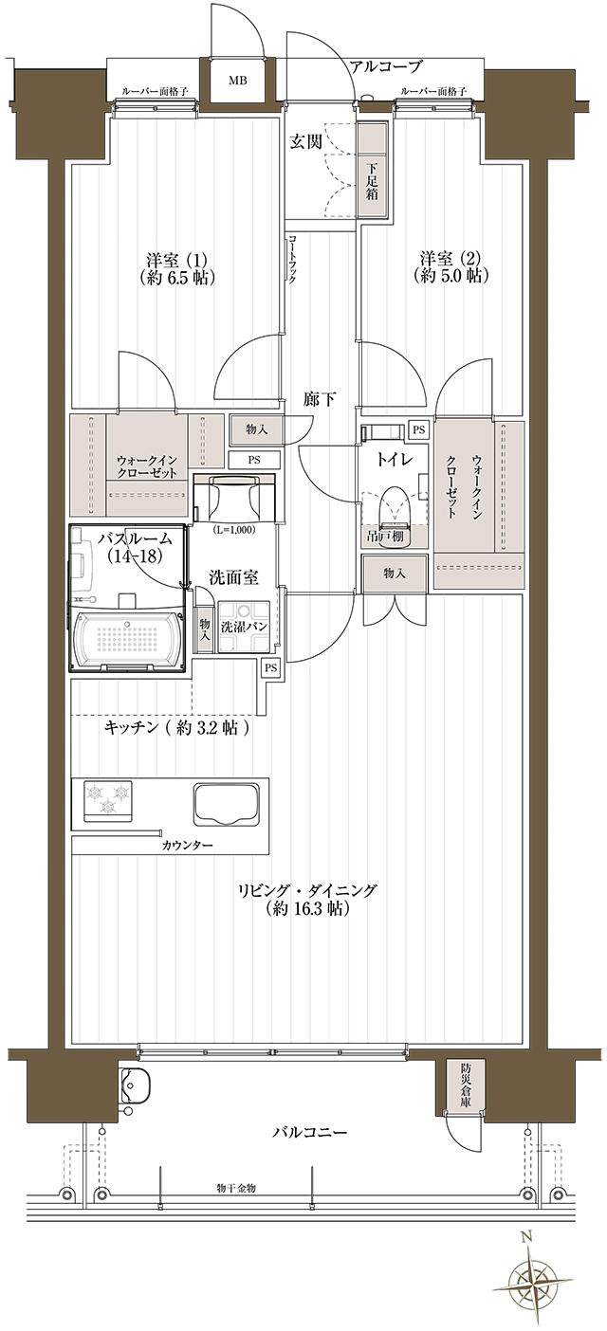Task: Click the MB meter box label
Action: (236, 80)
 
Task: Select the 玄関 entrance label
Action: (304, 142)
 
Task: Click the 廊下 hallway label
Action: (319, 399)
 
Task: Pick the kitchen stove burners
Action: (107, 796)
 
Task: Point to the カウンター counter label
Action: (187, 845)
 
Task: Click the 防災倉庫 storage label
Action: (467, 1084)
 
